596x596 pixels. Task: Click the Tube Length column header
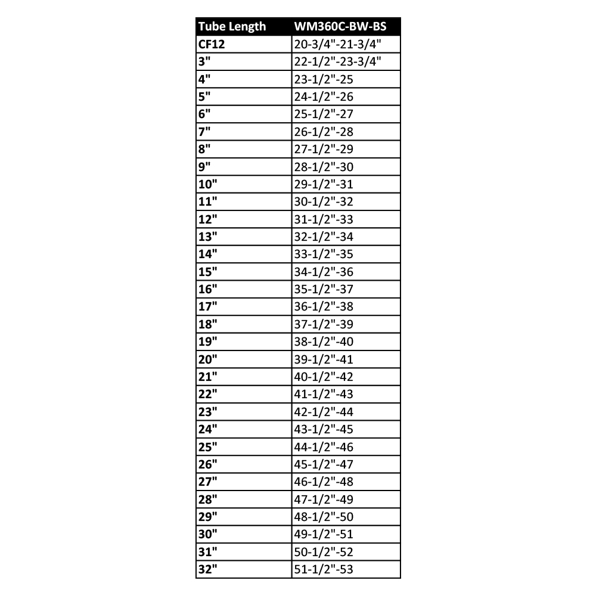[x=232, y=27]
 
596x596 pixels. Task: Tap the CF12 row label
[x=212, y=45]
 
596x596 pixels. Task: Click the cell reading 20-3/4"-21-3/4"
[x=337, y=45]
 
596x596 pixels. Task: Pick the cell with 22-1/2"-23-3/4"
[x=337, y=62]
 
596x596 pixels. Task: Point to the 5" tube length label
[x=206, y=97]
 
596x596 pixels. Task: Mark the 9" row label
[x=206, y=167]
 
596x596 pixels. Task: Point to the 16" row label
[x=208, y=290]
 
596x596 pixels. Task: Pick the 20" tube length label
[x=208, y=359]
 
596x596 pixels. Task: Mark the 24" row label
[x=208, y=430]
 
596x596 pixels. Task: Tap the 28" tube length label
[x=208, y=499]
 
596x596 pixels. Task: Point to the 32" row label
[x=208, y=570]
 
